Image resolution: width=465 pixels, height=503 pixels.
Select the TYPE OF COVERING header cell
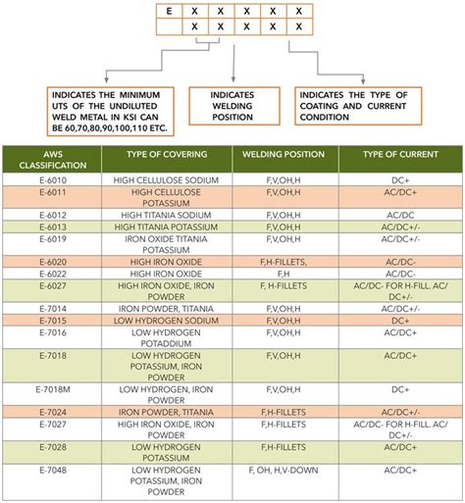pos(165,155)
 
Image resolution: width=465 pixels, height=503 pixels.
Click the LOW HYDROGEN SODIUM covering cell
pos(165,321)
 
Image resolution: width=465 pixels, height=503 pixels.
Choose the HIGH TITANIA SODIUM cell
pos(165,214)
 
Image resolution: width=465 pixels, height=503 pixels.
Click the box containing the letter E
pos(169,11)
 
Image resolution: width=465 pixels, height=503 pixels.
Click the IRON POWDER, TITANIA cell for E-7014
pos(165,308)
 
